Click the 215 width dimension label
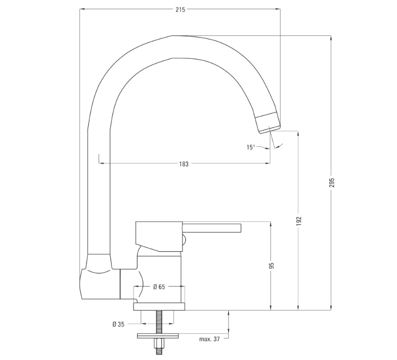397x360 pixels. (x=180, y=10)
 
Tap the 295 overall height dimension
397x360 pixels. (x=332, y=183)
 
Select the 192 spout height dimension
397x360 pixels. (x=299, y=221)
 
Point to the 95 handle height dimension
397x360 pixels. (x=272, y=265)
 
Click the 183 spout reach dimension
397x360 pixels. (x=184, y=164)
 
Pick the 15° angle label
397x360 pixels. (x=251, y=147)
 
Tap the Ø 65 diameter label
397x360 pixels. (x=159, y=287)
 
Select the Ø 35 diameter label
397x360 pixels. (x=118, y=324)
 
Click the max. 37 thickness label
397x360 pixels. (x=209, y=339)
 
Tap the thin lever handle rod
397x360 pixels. (x=212, y=228)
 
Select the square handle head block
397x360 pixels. (x=159, y=237)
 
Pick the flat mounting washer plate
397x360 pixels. (x=158, y=336)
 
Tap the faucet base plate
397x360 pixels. (x=159, y=306)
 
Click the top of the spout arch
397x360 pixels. (x=172, y=36)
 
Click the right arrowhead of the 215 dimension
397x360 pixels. (x=278, y=10)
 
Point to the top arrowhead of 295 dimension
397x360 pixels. (x=331, y=38)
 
